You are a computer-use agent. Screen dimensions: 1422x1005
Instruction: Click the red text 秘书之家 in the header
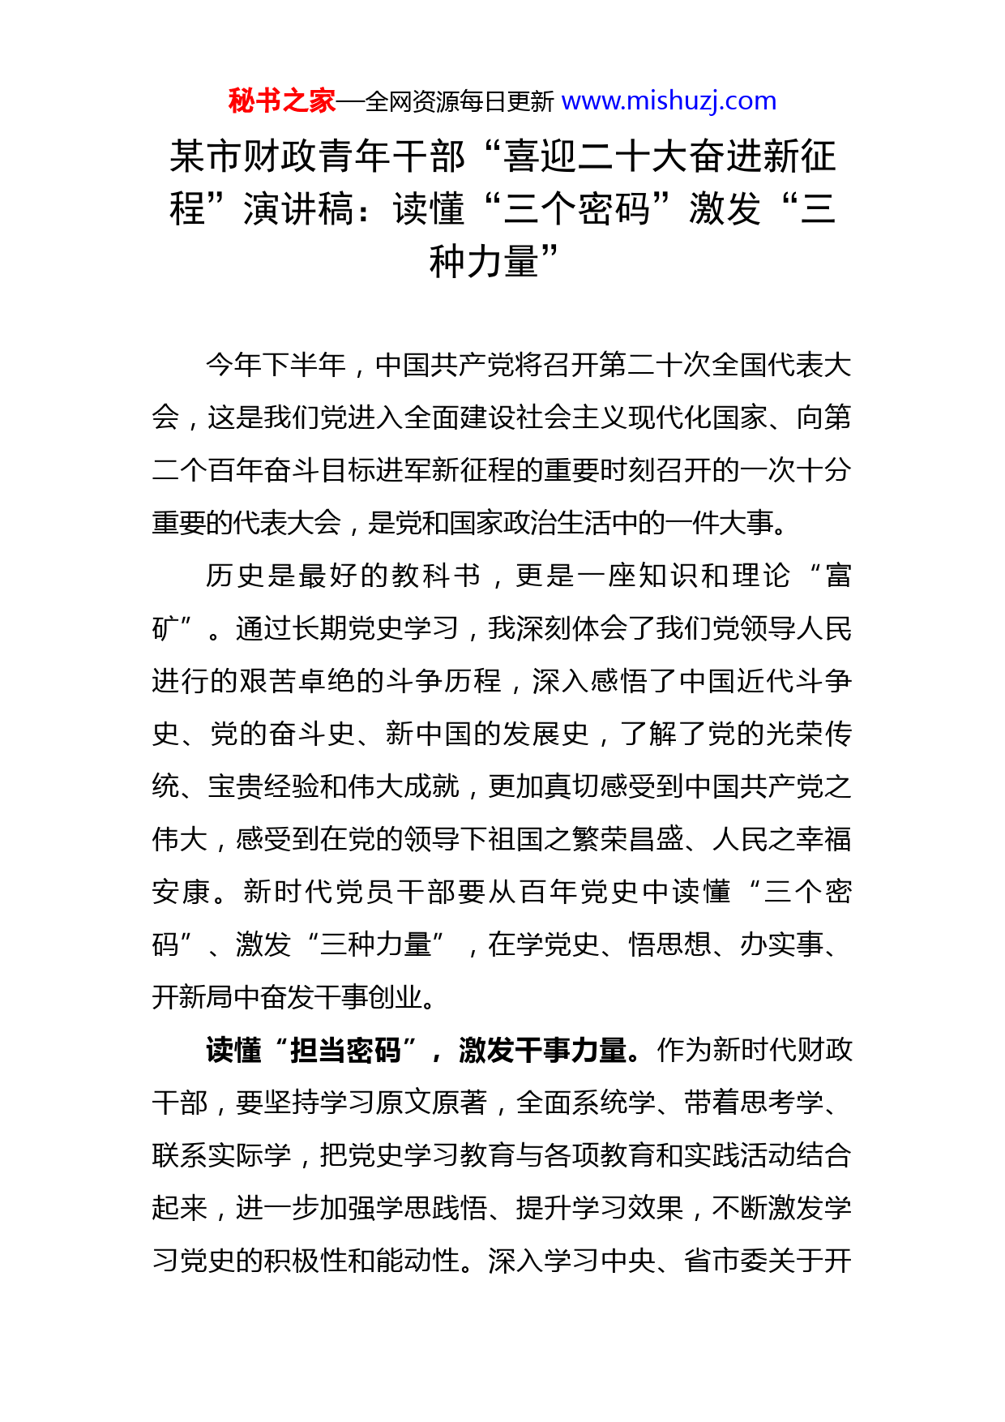pyautogui.click(x=281, y=101)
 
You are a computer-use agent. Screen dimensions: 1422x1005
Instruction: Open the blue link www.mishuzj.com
pyautogui.click(x=669, y=101)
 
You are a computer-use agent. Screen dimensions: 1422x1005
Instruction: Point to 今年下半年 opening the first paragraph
pyautogui.click(x=276, y=365)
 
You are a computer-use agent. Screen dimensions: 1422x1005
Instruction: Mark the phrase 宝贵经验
pyautogui.click(x=263, y=786)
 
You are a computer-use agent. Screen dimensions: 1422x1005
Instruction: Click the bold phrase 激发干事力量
pyautogui.click(x=542, y=1050)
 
